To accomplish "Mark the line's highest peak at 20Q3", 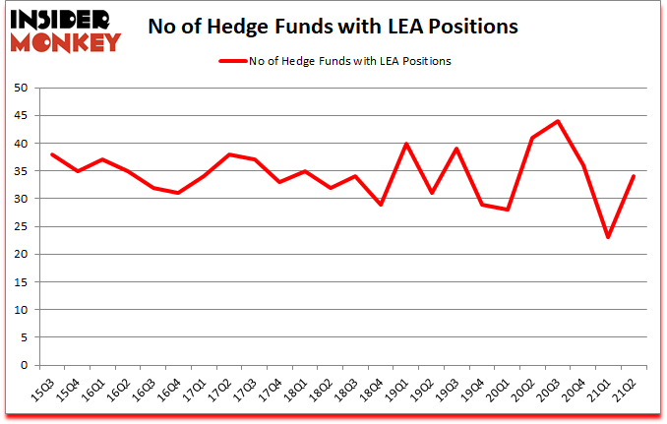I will [x=558, y=121].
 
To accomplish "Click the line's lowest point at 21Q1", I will [x=609, y=237].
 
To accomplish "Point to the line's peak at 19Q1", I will [x=403, y=144].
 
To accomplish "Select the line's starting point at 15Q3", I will [x=52, y=154].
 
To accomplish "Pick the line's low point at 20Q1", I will [x=507, y=210].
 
